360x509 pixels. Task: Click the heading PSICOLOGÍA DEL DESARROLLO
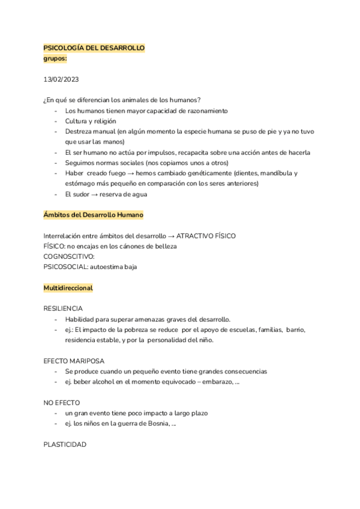pyautogui.click(x=94, y=48)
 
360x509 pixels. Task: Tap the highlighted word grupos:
pyautogui.click(x=55, y=59)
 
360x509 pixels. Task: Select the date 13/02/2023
pyautogui.click(x=61, y=79)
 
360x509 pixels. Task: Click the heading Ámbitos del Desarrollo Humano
pyautogui.click(x=93, y=215)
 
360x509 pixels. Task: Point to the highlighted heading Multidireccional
pyautogui.click(x=68, y=288)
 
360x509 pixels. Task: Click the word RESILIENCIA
pyautogui.click(x=63, y=309)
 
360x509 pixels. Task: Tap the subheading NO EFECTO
pyautogui.click(x=61, y=403)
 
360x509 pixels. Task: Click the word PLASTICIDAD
pyautogui.click(x=65, y=445)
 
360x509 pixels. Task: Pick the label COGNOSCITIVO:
pyautogui.click(x=70, y=256)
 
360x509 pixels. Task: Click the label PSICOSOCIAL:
pyautogui.click(x=65, y=267)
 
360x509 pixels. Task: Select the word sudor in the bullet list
pyautogui.click(x=83, y=194)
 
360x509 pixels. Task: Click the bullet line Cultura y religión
pyautogui.click(x=90, y=121)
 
